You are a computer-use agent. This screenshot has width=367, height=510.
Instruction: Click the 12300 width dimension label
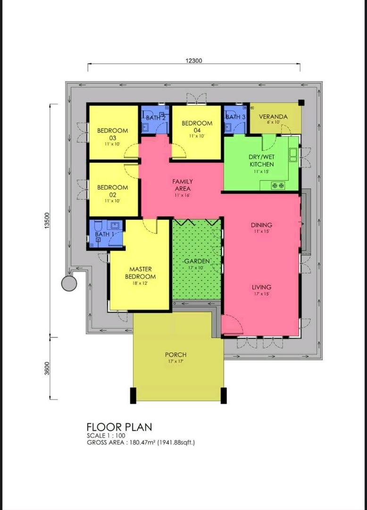coord(194,60)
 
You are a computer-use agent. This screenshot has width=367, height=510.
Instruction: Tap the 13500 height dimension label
coord(47,221)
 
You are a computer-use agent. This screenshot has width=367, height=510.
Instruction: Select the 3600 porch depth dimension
coord(47,368)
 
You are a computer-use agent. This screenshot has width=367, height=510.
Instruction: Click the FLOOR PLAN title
coord(119,427)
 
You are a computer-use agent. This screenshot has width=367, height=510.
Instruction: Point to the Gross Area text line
coord(141,442)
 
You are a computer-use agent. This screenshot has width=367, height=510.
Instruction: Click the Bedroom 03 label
coord(113,134)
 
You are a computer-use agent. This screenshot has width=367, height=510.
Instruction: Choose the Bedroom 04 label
coord(197,127)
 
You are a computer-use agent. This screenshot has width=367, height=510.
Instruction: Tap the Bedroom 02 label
coord(113,191)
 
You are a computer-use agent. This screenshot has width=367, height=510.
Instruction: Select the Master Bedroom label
coord(140,273)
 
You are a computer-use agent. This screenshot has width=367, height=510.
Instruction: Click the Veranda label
coord(273,117)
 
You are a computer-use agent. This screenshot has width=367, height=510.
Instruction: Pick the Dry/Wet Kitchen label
coord(262,161)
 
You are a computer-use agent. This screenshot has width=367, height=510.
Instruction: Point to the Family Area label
coord(183,185)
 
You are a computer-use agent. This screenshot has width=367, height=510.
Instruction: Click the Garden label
coord(197,261)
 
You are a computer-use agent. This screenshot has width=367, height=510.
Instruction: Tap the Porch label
coord(175,355)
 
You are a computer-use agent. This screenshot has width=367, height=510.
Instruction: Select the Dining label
coord(261,225)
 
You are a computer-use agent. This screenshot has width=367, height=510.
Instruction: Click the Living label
coord(261,287)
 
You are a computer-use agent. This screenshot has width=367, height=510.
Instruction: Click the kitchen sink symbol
coord(293,154)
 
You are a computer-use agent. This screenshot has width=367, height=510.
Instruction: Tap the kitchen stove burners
coord(278,186)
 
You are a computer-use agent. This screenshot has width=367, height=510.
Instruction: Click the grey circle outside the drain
coord(69,283)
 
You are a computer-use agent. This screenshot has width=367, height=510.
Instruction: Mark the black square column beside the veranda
coord(301,102)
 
